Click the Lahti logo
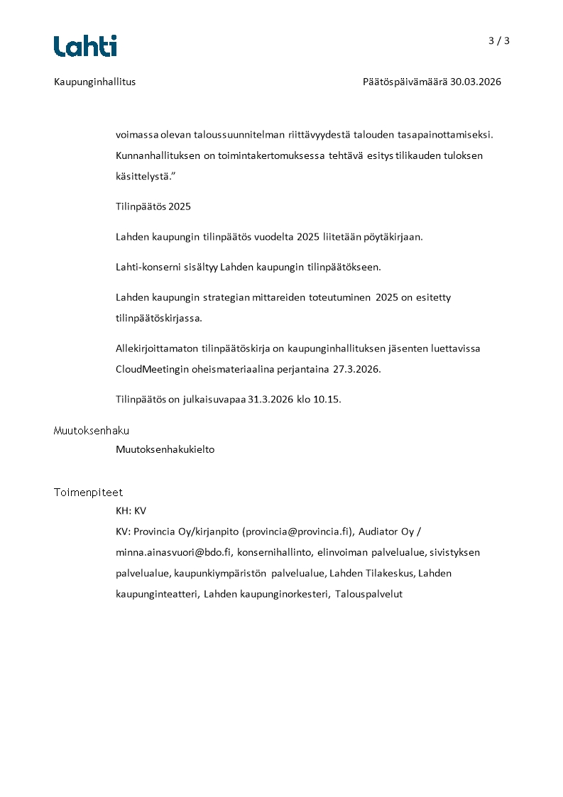coord(85,46)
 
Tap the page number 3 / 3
coord(499,40)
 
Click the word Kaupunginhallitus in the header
coord(94,82)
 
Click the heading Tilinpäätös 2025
coord(153,207)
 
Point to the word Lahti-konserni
coord(145,268)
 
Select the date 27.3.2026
coord(357,369)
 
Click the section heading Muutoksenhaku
coord(92,431)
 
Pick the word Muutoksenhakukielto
coord(165,449)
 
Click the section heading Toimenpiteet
coord(88,492)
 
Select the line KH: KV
coord(131,511)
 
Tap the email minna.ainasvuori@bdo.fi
coord(174,551)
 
